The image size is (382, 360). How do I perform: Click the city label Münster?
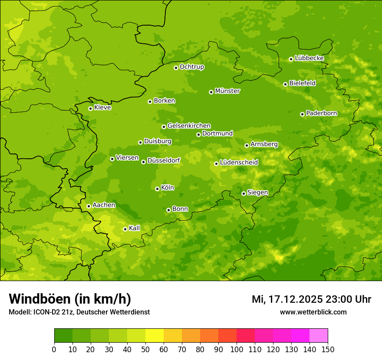click(x=227, y=91)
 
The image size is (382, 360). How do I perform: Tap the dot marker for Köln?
click(x=157, y=189)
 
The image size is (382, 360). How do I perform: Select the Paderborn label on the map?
click(x=321, y=113)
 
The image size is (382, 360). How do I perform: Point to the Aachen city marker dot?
click(x=89, y=206)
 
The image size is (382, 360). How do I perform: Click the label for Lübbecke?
click(x=309, y=58)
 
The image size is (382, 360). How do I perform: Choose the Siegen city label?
click(x=257, y=193)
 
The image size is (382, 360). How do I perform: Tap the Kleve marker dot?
click(x=90, y=108)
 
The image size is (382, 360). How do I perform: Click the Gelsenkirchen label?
click(x=189, y=126)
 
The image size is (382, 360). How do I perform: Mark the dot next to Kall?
click(x=125, y=229)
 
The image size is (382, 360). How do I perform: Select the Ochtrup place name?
click(x=191, y=67)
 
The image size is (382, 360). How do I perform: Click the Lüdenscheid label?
click(x=239, y=163)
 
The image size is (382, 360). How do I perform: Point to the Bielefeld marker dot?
click(x=285, y=84)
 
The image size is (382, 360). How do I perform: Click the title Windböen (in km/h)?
click(x=70, y=299)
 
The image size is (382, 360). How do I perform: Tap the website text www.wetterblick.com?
click(x=313, y=312)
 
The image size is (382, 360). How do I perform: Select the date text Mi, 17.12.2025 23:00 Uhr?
click(x=311, y=299)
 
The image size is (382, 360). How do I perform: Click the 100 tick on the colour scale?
click(x=236, y=350)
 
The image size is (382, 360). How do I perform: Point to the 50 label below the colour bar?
click(x=145, y=350)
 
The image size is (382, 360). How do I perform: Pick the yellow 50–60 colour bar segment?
click(x=154, y=336)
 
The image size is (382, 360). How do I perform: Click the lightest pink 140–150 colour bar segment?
click(x=318, y=336)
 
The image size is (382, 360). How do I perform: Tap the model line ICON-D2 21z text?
click(x=79, y=312)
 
